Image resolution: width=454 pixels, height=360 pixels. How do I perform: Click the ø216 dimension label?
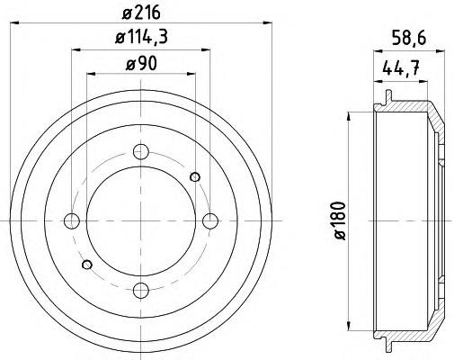click(141, 13)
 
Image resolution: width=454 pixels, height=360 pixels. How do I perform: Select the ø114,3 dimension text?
click(141, 37)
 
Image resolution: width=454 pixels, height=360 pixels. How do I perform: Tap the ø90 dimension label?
click(141, 64)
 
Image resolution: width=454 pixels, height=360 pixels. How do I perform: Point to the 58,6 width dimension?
click(409, 39)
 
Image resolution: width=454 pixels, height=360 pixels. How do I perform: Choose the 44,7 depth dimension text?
click(400, 68)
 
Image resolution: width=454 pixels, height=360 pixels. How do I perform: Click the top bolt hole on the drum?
click(141, 152)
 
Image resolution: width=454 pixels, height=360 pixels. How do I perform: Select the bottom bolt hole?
click(141, 291)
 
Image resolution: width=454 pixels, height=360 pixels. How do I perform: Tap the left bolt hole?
click(72, 221)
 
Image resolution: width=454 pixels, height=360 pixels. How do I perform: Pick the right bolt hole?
click(210, 221)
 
